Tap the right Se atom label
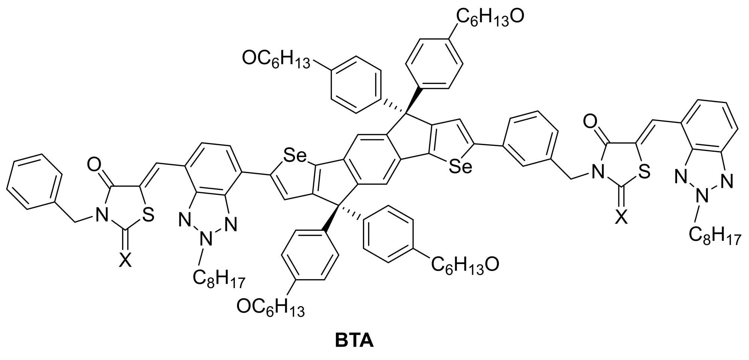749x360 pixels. (x=460, y=167)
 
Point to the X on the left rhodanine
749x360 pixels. (x=125, y=260)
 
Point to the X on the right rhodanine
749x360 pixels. (x=621, y=217)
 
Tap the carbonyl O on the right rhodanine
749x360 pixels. (x=589, y=122)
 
